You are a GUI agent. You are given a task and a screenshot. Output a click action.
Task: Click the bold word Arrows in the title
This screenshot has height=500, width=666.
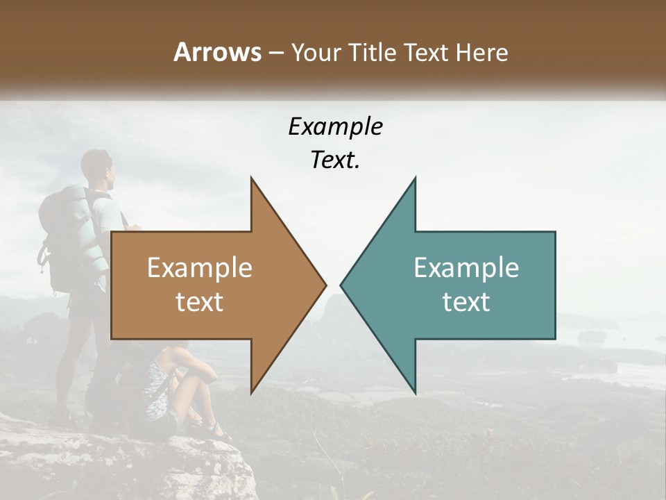(x=218, y=52)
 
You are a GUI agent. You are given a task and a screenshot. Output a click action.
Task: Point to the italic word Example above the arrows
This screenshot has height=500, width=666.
(x=335, y=126)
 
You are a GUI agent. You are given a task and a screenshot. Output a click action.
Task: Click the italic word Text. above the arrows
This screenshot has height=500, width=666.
(x=335, y=160)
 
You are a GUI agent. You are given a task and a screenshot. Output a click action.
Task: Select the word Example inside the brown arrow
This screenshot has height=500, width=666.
(x=199, y=268)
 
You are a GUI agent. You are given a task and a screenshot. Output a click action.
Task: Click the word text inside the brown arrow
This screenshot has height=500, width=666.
(x=199, y=302)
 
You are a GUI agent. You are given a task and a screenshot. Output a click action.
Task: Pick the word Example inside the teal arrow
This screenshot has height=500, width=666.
(x=466, y=268)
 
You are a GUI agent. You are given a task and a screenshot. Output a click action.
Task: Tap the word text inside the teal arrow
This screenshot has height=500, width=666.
(x=466, y=302)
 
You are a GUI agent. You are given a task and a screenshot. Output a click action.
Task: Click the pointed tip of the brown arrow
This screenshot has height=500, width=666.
(x=325, y=285)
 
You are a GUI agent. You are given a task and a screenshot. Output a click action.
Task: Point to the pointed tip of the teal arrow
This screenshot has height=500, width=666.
(x=341, y=285)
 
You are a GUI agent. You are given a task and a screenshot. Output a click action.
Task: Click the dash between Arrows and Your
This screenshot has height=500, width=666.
(x=275, y=53)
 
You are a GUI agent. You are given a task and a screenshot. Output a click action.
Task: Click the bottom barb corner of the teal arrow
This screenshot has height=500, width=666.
(x=415, y=392)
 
